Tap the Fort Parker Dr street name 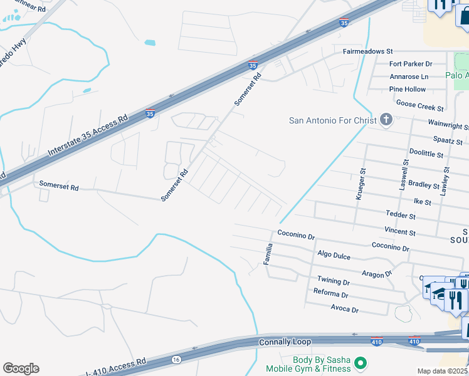tap(411, 64)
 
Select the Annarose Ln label tap(408, 76)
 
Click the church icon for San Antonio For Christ tap(386, 120)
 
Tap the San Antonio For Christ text tap(332, 120)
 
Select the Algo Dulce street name tap(334, 254)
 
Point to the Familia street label tap(268, 253)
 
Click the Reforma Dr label tap(330, 293)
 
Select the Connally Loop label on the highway tap(285, 342)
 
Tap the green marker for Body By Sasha tap(360, 363)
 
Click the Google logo tap(21, 368)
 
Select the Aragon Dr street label tap(376, 273)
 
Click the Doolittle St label tap(426, 154)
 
